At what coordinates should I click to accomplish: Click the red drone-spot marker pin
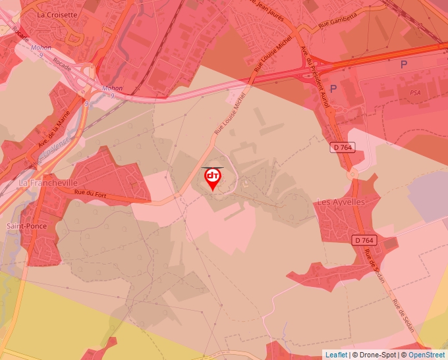[x=213, y=178]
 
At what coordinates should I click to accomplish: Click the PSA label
[x=414, y=93]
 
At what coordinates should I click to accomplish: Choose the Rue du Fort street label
[x=90, y=192]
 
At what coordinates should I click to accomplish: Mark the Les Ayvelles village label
[x=341, y=202]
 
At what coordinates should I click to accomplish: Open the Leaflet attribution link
[x=336, y=355]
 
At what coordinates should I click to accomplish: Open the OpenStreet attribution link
[x=426, y=355]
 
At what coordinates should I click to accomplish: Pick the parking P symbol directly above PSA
[x=404, y=64]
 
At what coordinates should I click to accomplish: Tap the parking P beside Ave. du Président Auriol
[x=333, y=88]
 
